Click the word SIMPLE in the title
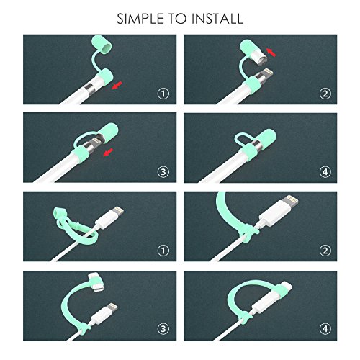point(140,19)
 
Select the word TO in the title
point(178,19)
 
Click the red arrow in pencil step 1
point(117,86)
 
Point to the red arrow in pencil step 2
point(271,53)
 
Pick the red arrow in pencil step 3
point(108,152)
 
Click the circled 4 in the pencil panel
point(325,171)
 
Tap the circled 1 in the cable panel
point(163,251)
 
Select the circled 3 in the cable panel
point(163,328)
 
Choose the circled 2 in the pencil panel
point(325,94)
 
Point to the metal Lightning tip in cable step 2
point(292,200)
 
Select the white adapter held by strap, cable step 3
point(96,282)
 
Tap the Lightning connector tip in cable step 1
point(119,210)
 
